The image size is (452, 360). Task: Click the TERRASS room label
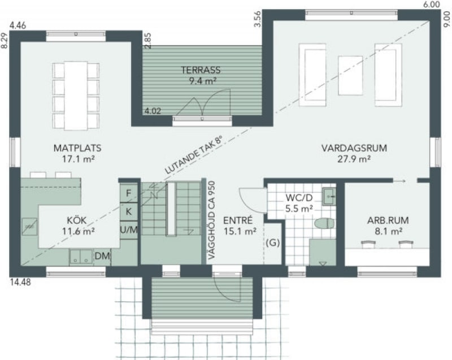[201, 70]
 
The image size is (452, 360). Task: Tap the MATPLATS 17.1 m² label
[77, 153]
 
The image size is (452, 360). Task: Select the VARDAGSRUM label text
[354, 148]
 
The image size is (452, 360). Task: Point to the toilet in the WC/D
[324, 223]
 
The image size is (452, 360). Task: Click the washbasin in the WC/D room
[329, 196]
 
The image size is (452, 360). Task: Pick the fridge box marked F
[129, 193]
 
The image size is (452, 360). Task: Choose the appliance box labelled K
[129, 212]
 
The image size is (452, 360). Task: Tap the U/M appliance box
[129, 230]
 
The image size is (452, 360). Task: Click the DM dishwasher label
[102, 255]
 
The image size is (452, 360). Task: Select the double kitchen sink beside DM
[81, 257]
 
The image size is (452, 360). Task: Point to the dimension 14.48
[20, 282]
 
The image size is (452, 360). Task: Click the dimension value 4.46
[18, 25]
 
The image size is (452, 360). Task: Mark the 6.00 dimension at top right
[432, 5]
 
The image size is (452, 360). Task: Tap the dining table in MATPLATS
[76, 96]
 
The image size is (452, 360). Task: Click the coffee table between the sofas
[350, 76]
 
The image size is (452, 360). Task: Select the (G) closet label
[273, 242]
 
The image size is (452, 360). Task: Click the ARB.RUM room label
[388, 220]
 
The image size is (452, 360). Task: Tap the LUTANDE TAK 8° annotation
[194, 155]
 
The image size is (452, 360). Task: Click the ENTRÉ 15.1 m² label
[240, 225]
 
